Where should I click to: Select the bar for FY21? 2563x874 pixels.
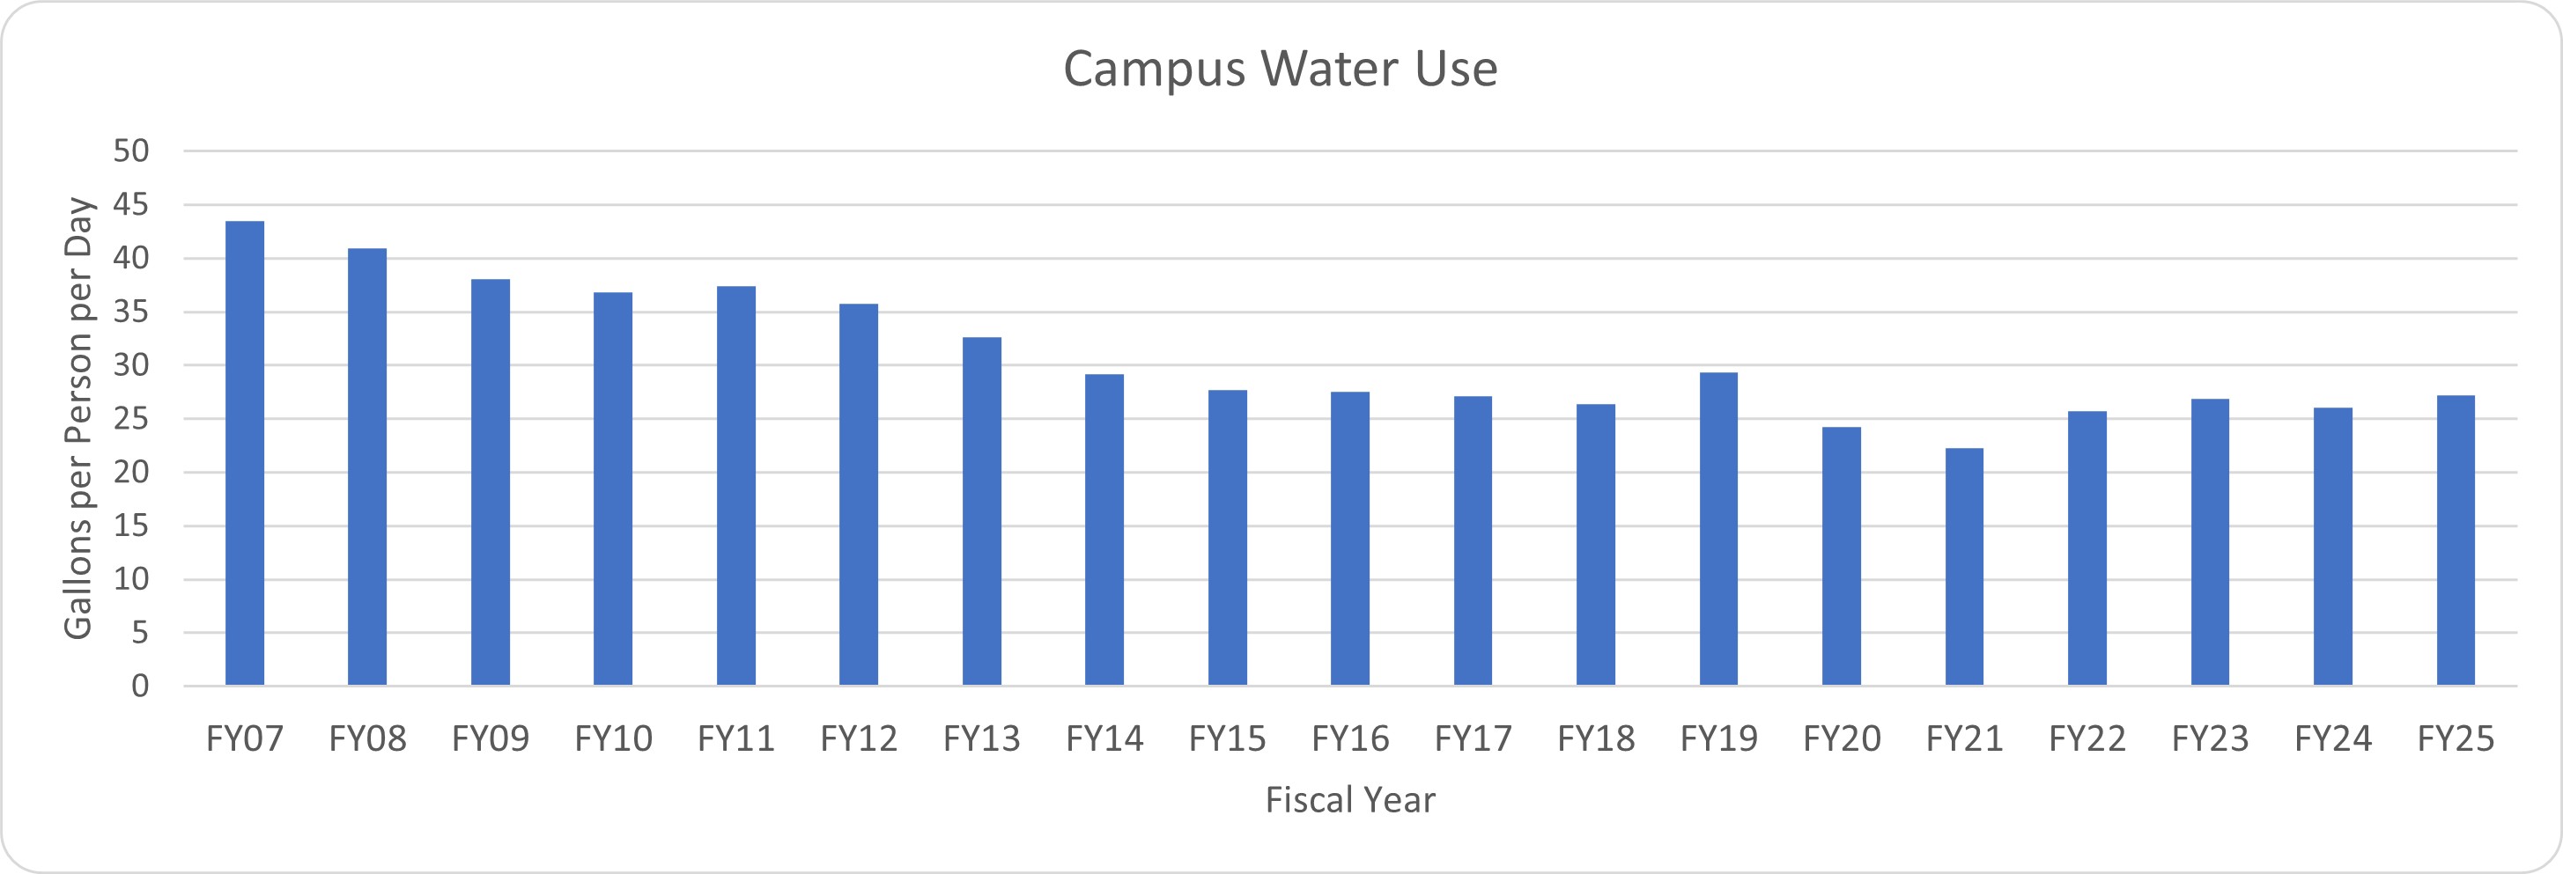pos(1964,567)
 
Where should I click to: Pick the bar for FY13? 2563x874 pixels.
pos(982,511)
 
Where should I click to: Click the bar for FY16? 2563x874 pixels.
pos(1350,538)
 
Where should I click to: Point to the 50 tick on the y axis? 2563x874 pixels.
pos(131,151)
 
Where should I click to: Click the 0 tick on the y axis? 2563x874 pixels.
pos(140,686)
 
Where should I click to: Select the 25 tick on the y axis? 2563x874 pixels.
pos(131,419)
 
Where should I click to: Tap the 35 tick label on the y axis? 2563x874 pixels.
pos(131,312)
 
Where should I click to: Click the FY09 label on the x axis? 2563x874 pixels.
pos(491,738)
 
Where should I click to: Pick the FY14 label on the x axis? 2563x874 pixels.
pos(1104,738)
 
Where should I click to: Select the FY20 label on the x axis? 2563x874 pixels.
pos(1842,738)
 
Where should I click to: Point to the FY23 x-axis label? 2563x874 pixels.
pos(2210,738)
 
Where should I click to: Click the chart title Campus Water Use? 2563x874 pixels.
pos(1281,69)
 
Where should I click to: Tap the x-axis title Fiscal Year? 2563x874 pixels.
pos(1350,799)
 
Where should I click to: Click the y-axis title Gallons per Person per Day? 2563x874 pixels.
pos(78,417)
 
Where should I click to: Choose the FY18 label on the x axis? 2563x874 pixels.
pos(1596,738)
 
